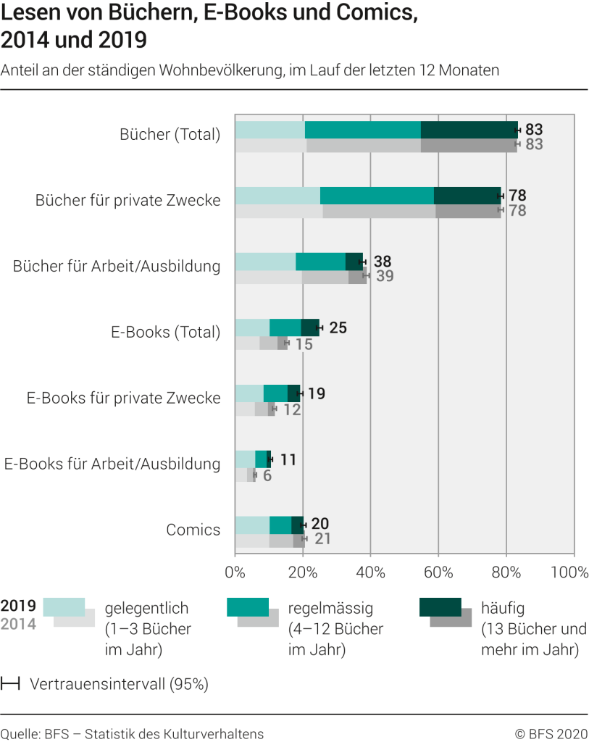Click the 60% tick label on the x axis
438,572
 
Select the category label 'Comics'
193,530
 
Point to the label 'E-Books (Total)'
165,332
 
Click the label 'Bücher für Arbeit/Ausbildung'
117,266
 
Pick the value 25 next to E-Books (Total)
338,328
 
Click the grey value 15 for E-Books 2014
304,344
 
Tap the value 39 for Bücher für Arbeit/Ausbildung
385,276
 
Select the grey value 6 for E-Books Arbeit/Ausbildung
267,476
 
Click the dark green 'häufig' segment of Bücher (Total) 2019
469,130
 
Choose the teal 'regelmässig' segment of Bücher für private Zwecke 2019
377,196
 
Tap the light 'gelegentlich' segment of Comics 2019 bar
252,525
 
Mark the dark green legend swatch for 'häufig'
440,607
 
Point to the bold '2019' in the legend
18,606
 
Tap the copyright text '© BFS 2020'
551,733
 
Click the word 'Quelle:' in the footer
20,733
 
